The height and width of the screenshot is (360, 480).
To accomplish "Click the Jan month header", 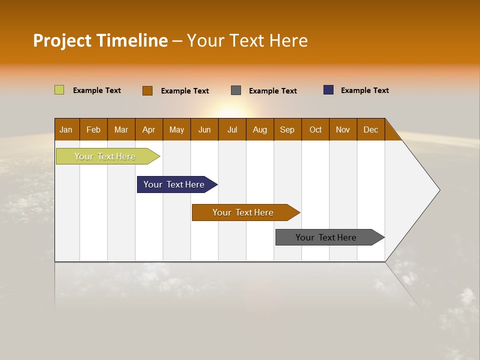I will [x=66, y=129].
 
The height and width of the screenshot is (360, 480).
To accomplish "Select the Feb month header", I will [x=93, y=129].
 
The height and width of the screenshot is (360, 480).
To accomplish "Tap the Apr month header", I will [x=149, y=129].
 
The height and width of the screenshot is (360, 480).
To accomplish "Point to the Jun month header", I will [x=204, y=129].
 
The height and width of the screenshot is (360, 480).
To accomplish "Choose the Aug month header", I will [x=260, y=129].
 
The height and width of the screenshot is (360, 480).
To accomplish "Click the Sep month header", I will [x=287, y=129].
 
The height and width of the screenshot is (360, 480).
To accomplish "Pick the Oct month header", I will [x=315, y=129].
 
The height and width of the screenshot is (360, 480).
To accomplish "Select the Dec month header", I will [x=371, y=129].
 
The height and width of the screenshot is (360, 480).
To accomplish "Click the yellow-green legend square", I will [x=59, y=90].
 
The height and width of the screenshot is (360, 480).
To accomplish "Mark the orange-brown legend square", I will [x=147, y=90].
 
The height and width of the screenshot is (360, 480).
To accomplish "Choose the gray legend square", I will [x=236, y=90].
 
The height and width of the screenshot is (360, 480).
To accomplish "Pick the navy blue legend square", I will [x=328, y=90].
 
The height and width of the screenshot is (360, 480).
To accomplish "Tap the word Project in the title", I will [x=62, y=40].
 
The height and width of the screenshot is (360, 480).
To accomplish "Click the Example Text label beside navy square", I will [x=364, y=90].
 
